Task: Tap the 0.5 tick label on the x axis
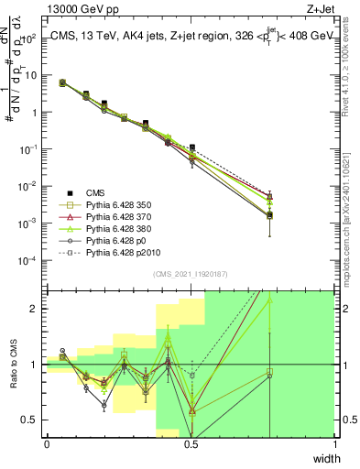tap(191, 444)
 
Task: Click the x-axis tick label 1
tap(334, 444)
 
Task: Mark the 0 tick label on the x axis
tap(47, 444)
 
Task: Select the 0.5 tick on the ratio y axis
tap(30, 420)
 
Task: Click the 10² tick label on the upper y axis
tap(28, 38)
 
